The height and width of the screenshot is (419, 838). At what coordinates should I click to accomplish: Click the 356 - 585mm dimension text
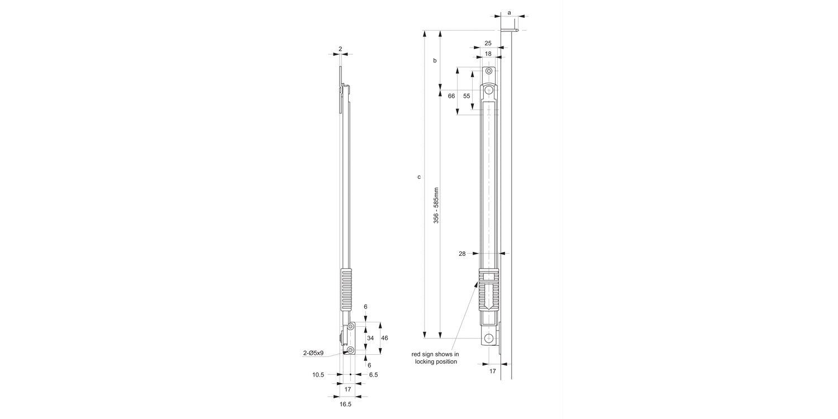tap(436, 206)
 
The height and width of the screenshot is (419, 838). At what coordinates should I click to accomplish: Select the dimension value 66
tap(451, 96)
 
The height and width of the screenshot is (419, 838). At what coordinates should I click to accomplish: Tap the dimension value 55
tap(467, 96)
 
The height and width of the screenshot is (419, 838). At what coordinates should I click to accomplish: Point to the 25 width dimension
tap(488, 43)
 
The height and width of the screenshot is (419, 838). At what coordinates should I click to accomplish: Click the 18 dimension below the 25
tap(488, 54)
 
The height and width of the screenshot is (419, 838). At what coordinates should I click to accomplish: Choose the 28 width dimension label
tap(462, 254)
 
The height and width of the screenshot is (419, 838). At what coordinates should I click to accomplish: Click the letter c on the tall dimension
tap(419, 177)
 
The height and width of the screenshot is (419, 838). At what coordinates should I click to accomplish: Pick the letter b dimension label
tap(435, 60)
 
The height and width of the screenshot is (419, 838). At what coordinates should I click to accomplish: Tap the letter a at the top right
tap(509, 12)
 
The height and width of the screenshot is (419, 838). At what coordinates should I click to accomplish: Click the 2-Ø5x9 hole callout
tap(313, 353)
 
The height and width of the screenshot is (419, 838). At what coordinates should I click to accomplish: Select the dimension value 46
tap(384, 338)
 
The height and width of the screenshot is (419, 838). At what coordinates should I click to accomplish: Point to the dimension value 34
tap(370, 338)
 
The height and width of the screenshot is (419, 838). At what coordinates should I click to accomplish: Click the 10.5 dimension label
tap(318, 375)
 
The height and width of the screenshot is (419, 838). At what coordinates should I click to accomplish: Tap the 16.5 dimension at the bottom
tap(345, 404)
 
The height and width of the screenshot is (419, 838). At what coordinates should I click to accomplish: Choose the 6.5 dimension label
tap(373, 375)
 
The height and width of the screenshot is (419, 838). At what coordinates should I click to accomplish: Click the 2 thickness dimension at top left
tap(340, 49)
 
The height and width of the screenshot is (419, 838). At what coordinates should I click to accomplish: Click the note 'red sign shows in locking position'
tap(435, 358)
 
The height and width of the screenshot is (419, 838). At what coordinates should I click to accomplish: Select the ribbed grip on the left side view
tap(346, 289)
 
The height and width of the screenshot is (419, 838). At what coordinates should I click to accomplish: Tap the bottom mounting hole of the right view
tap(489, 338)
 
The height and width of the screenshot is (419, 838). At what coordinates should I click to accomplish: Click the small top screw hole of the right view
tap(489, 72)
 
